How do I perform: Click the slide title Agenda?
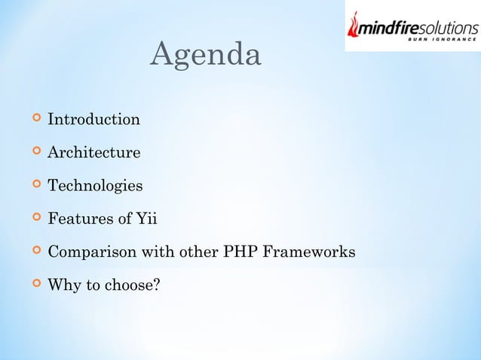206,56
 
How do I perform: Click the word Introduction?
93,120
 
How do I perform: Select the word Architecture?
93,153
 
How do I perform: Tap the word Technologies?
94,186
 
